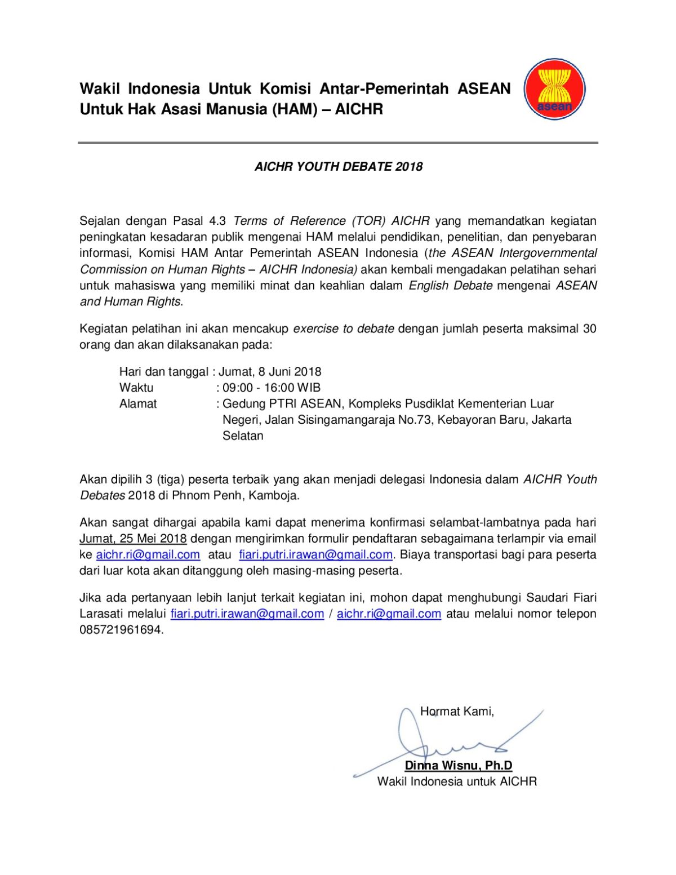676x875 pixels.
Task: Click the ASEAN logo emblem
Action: [x=554, y=89]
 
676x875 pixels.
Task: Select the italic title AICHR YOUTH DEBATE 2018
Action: [x=338, y=166]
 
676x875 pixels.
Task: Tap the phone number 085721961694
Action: [x=121, y=630]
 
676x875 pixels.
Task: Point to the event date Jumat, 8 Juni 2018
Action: [x=270, y=372]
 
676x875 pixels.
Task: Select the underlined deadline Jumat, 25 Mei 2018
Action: [x=133, y=539]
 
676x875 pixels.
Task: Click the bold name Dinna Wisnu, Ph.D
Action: [x=459, y=765]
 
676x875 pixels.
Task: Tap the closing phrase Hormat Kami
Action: [x=457, y=712]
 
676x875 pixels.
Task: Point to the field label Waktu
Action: [x=136, y=388]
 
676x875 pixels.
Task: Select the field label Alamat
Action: [x=138, y=404]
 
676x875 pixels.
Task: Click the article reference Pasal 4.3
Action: [x=199, y=221]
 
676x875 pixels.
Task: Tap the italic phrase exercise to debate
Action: [x=344, y=328]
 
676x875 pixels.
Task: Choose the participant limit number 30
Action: [x=589, y=328]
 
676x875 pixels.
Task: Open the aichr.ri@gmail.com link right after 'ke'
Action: [x=148, y=554]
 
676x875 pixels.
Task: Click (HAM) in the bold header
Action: [x=295, y=109]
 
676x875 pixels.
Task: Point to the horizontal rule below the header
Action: [x=338, y=143]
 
